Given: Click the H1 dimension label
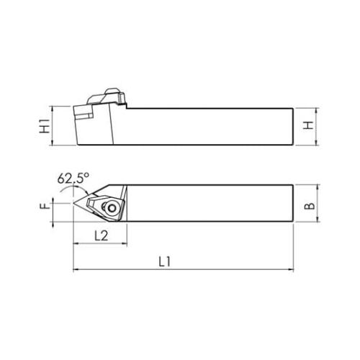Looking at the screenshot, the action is (x=45, y=126).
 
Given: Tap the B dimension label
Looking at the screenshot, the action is (x=310, y=206).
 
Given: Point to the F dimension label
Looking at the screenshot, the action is (x=45, y=206).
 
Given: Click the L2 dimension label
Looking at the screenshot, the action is (x=101, y=236).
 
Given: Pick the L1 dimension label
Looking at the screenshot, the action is (x=165, y=261).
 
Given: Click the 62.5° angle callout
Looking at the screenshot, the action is (x=73, y=178).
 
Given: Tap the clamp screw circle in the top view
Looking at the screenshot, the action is (x=112, y=208).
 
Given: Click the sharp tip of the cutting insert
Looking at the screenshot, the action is (x=73, y=204).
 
